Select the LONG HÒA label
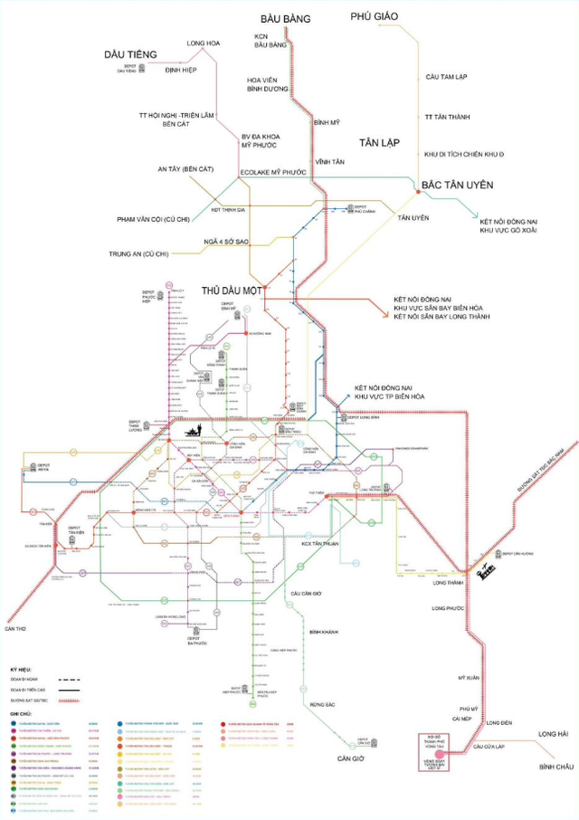coord(204,43)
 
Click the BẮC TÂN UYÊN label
coord(456,185)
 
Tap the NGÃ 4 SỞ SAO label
coord(226,242)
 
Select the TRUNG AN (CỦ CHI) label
coord(138,254)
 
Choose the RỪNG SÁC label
coord(322,704)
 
